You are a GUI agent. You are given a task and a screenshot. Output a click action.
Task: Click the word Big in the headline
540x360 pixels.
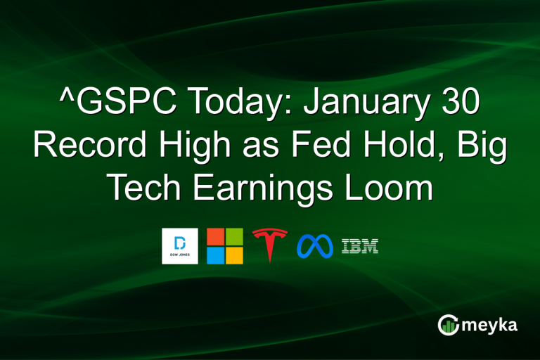[x=483, y=148]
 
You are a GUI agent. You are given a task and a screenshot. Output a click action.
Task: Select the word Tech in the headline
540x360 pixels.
[x=143, y=189]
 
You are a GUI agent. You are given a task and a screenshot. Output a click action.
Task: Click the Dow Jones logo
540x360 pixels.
[x=180, y=246]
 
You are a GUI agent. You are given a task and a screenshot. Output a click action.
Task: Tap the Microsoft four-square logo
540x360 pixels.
[x=225, y=246]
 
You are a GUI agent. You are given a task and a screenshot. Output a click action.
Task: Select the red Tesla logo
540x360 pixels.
[x=270, y=246]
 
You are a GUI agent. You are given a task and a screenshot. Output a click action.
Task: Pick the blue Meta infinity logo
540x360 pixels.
[x=314, y=246]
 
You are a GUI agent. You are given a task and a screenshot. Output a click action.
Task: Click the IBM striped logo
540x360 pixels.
[x=360, y=246]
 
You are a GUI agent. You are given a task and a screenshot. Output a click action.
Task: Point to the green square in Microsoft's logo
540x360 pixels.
[x=234, y=237]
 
